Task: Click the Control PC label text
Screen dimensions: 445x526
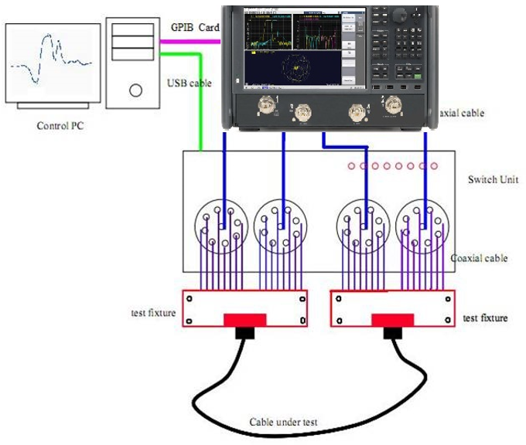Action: pyautogui.click(x=60, y=125)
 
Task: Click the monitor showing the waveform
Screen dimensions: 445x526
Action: pyautogui.click(x=53, y=63)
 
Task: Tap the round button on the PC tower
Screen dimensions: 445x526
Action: pyautogui.click(x=136, y=90)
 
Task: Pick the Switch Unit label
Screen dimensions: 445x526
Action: pyautogui.click(x=493, y=180)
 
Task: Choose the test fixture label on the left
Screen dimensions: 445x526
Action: pyautogui.click(x=152, y=314)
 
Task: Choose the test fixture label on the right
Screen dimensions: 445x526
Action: pyautogui.click(x=486, y=318)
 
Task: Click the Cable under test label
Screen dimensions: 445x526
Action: pyautogui.click(x=283, y=423)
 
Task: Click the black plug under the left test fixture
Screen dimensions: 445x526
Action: pyautogui.click(x=247, y=333)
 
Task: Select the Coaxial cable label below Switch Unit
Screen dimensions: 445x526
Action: pyautogui.click(x=479, y=258)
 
